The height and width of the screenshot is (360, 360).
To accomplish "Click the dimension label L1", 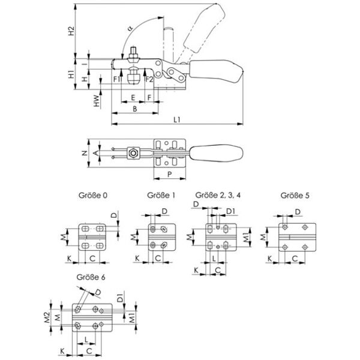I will pos(176,120).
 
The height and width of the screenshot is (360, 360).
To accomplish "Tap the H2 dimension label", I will pos(71,30).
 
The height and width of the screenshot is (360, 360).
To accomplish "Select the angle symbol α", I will pos(130,28).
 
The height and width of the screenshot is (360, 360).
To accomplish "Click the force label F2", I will pos(150,78).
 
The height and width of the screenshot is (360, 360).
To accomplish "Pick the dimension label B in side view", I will pos(135,109).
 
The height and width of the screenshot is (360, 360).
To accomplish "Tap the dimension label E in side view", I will pos(132,97).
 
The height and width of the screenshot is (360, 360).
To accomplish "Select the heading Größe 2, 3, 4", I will pos(218,196).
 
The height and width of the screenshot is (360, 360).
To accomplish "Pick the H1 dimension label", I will pos(71,76).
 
